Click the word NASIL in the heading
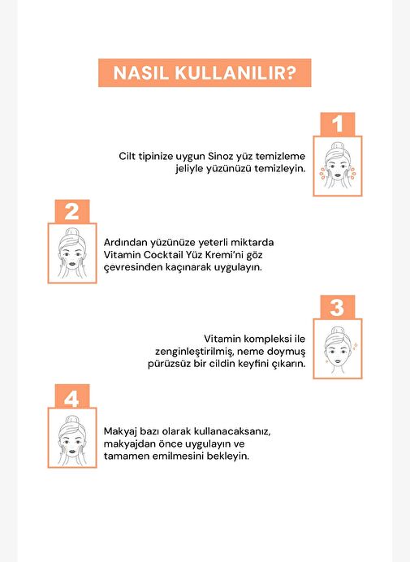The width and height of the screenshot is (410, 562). pos(140,73)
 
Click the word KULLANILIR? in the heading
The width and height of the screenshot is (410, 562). pos(235,73)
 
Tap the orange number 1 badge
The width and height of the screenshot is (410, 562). pos(338,124)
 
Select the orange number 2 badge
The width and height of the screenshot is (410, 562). pos(72,211)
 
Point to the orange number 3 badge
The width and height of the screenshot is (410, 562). pos(338,307)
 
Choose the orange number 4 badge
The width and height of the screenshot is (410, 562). pos(72,396)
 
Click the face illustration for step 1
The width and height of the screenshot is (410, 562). pos(338,166)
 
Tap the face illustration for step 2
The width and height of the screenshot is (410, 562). pos(72,253)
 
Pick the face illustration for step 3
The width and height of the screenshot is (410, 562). pos(338,349)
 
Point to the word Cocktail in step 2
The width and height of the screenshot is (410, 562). pos(163,255)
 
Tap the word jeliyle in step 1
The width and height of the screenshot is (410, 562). pos(188,169)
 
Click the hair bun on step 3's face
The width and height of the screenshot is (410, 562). pos(338,331)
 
